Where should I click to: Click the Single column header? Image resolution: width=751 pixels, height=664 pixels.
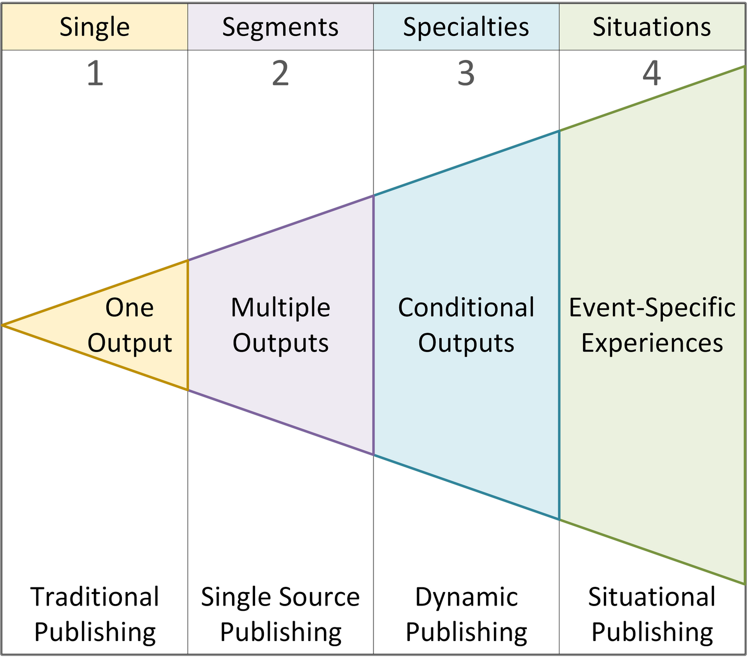click(x=94, y=27)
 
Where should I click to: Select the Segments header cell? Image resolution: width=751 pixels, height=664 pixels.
click(x=280, y=27)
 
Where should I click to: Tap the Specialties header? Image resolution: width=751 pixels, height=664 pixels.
click(x=466, y=27)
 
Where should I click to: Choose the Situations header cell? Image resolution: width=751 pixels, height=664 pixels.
click(x=652, y=27)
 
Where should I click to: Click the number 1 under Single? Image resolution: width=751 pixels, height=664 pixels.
click(x=95, y=74)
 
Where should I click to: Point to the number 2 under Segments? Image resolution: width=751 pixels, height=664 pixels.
click(x=280, y=74)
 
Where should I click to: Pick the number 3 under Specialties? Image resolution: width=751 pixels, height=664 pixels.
click(x=466, y=74)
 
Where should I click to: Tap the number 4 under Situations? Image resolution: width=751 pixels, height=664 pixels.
click(x=652, y=74)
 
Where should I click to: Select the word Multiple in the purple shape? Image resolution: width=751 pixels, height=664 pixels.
click(x=280, y=308)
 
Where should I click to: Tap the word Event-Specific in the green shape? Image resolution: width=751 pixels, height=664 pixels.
click(x=652, y=308)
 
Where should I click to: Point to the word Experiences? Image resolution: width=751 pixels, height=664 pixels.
click(x=652, y=343)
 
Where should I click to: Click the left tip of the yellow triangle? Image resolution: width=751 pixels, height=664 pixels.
click(x=3, y=325)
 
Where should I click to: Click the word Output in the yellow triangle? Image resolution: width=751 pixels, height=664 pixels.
click(x=129, y=343)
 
